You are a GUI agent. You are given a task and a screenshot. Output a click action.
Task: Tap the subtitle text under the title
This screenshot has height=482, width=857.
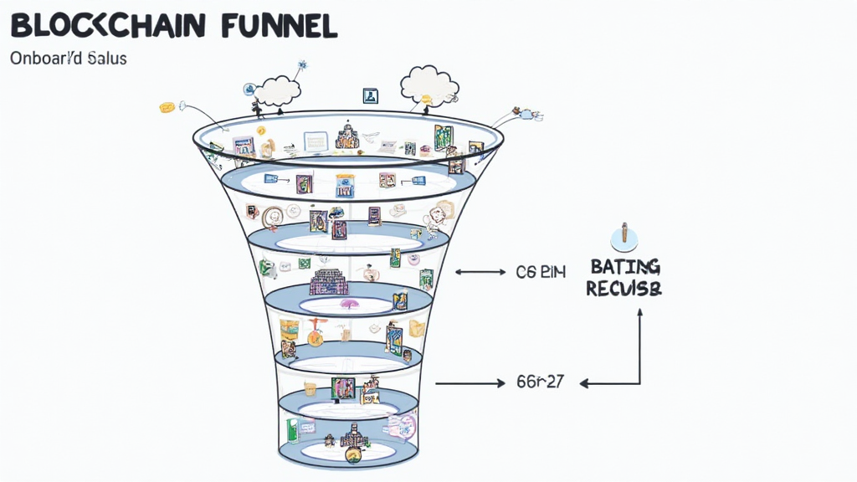point(68,59)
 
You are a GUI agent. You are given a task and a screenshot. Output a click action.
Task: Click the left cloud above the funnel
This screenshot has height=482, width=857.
point(276,90)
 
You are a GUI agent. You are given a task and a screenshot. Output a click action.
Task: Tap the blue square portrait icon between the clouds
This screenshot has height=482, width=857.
point(371,96)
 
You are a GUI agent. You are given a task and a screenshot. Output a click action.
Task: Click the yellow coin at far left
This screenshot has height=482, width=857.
point(167,107)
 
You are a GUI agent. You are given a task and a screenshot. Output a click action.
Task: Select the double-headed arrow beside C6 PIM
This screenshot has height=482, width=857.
point(480,272)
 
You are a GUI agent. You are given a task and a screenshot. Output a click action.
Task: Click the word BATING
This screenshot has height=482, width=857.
point(625,268)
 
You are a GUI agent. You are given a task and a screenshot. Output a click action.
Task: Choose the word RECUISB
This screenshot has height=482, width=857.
point(624,290)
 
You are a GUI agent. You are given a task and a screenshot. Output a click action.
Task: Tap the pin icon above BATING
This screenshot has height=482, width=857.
point(624,237)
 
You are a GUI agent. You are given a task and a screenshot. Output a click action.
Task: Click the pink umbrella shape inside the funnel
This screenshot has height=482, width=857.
point(349,305)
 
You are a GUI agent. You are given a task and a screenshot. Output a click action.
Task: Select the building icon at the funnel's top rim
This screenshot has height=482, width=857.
point(346,136)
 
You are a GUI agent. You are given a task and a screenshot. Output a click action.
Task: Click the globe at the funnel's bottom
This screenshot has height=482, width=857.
point(352,455)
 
